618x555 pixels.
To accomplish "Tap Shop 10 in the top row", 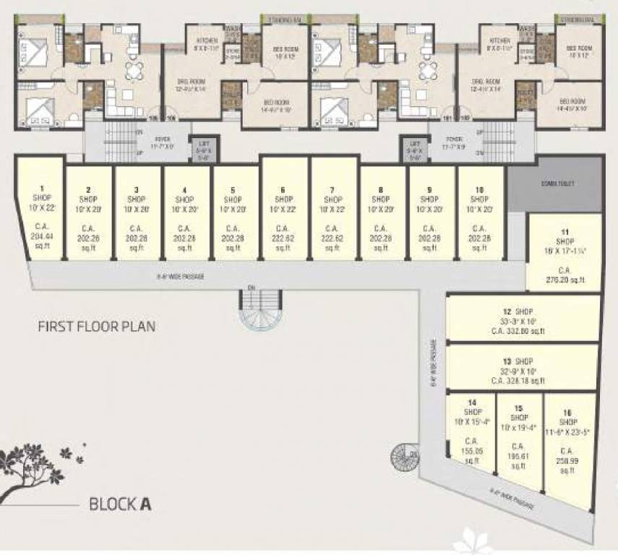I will [480, 213].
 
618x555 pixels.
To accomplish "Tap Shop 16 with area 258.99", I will [569, 444].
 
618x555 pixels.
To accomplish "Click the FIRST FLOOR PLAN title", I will [96, 326].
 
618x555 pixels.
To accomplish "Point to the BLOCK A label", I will [120, 504].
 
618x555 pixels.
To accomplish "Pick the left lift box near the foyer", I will [204, 148].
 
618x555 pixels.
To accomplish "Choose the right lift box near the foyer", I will [414, 148].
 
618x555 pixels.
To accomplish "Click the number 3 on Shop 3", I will [137, 190].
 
